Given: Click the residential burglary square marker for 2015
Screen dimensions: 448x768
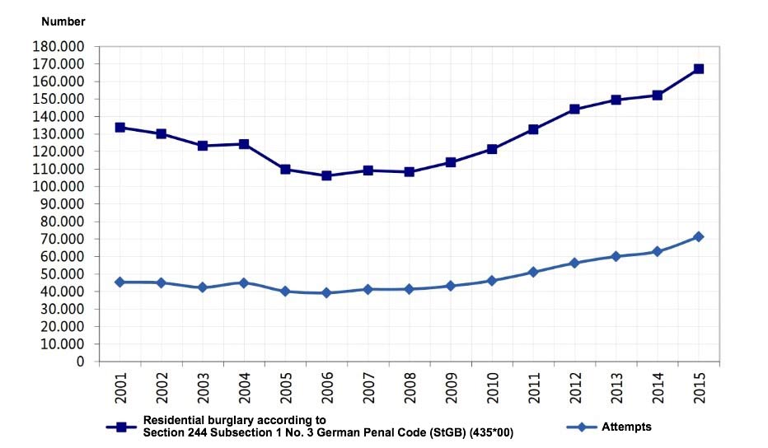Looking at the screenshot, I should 698,69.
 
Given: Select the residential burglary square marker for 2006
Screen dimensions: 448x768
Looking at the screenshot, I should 326,175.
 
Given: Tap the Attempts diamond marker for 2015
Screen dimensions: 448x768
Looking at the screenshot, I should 698,237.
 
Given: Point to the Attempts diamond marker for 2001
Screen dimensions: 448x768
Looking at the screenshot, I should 119,282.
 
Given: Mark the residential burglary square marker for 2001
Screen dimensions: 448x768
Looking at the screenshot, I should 119,128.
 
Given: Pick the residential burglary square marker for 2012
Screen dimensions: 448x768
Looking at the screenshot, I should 574,110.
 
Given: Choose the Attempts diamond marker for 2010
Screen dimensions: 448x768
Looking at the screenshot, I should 491,281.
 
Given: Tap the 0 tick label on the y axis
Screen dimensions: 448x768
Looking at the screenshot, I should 79,362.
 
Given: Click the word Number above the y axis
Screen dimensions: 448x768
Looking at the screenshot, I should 63,21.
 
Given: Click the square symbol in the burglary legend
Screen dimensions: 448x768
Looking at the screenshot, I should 120,427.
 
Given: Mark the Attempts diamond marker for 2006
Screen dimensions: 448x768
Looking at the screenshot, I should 326,292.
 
